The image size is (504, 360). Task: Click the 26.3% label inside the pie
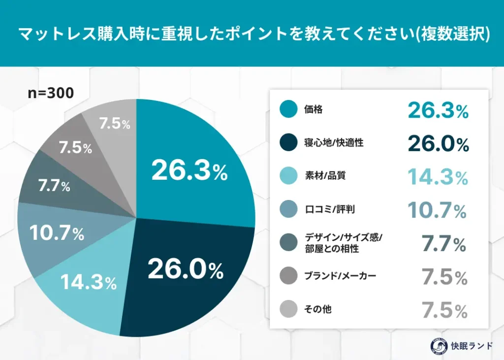point(189,170)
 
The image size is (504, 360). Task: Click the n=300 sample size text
point(50,93)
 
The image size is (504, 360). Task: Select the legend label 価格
point(313,110)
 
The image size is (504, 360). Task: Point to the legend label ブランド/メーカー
point(340,276)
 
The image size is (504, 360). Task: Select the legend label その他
point(317,309)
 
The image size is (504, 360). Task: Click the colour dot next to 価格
point(288,109)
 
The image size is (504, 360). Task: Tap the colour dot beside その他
point(288,309)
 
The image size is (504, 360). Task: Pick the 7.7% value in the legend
point(444,244)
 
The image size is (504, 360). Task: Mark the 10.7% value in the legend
point(437,210)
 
